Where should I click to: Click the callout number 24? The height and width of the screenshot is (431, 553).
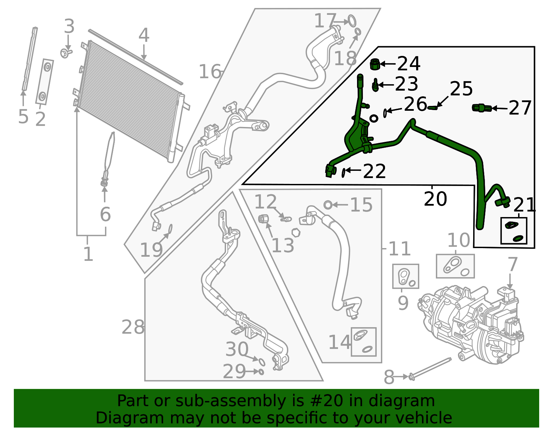409,63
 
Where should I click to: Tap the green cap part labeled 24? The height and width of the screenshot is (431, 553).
375,64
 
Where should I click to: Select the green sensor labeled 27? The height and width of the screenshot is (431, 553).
482,108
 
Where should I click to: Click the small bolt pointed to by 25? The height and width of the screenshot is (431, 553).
433,108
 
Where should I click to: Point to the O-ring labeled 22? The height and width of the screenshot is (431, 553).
343,172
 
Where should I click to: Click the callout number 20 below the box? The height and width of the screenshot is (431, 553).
435,199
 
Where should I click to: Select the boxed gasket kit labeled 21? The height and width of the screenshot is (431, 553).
514,231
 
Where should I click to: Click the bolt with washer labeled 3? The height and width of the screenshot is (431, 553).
66,53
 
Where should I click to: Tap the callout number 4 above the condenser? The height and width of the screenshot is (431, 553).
144,36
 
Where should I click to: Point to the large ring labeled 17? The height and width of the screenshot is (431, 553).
352,21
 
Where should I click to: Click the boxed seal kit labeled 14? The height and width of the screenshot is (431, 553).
364,342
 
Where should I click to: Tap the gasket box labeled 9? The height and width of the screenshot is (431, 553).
405,276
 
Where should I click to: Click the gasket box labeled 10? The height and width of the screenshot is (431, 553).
455,266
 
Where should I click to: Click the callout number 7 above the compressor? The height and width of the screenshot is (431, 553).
512,264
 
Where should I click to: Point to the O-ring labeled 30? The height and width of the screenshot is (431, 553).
262,362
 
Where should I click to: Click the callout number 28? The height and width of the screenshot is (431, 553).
133,327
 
